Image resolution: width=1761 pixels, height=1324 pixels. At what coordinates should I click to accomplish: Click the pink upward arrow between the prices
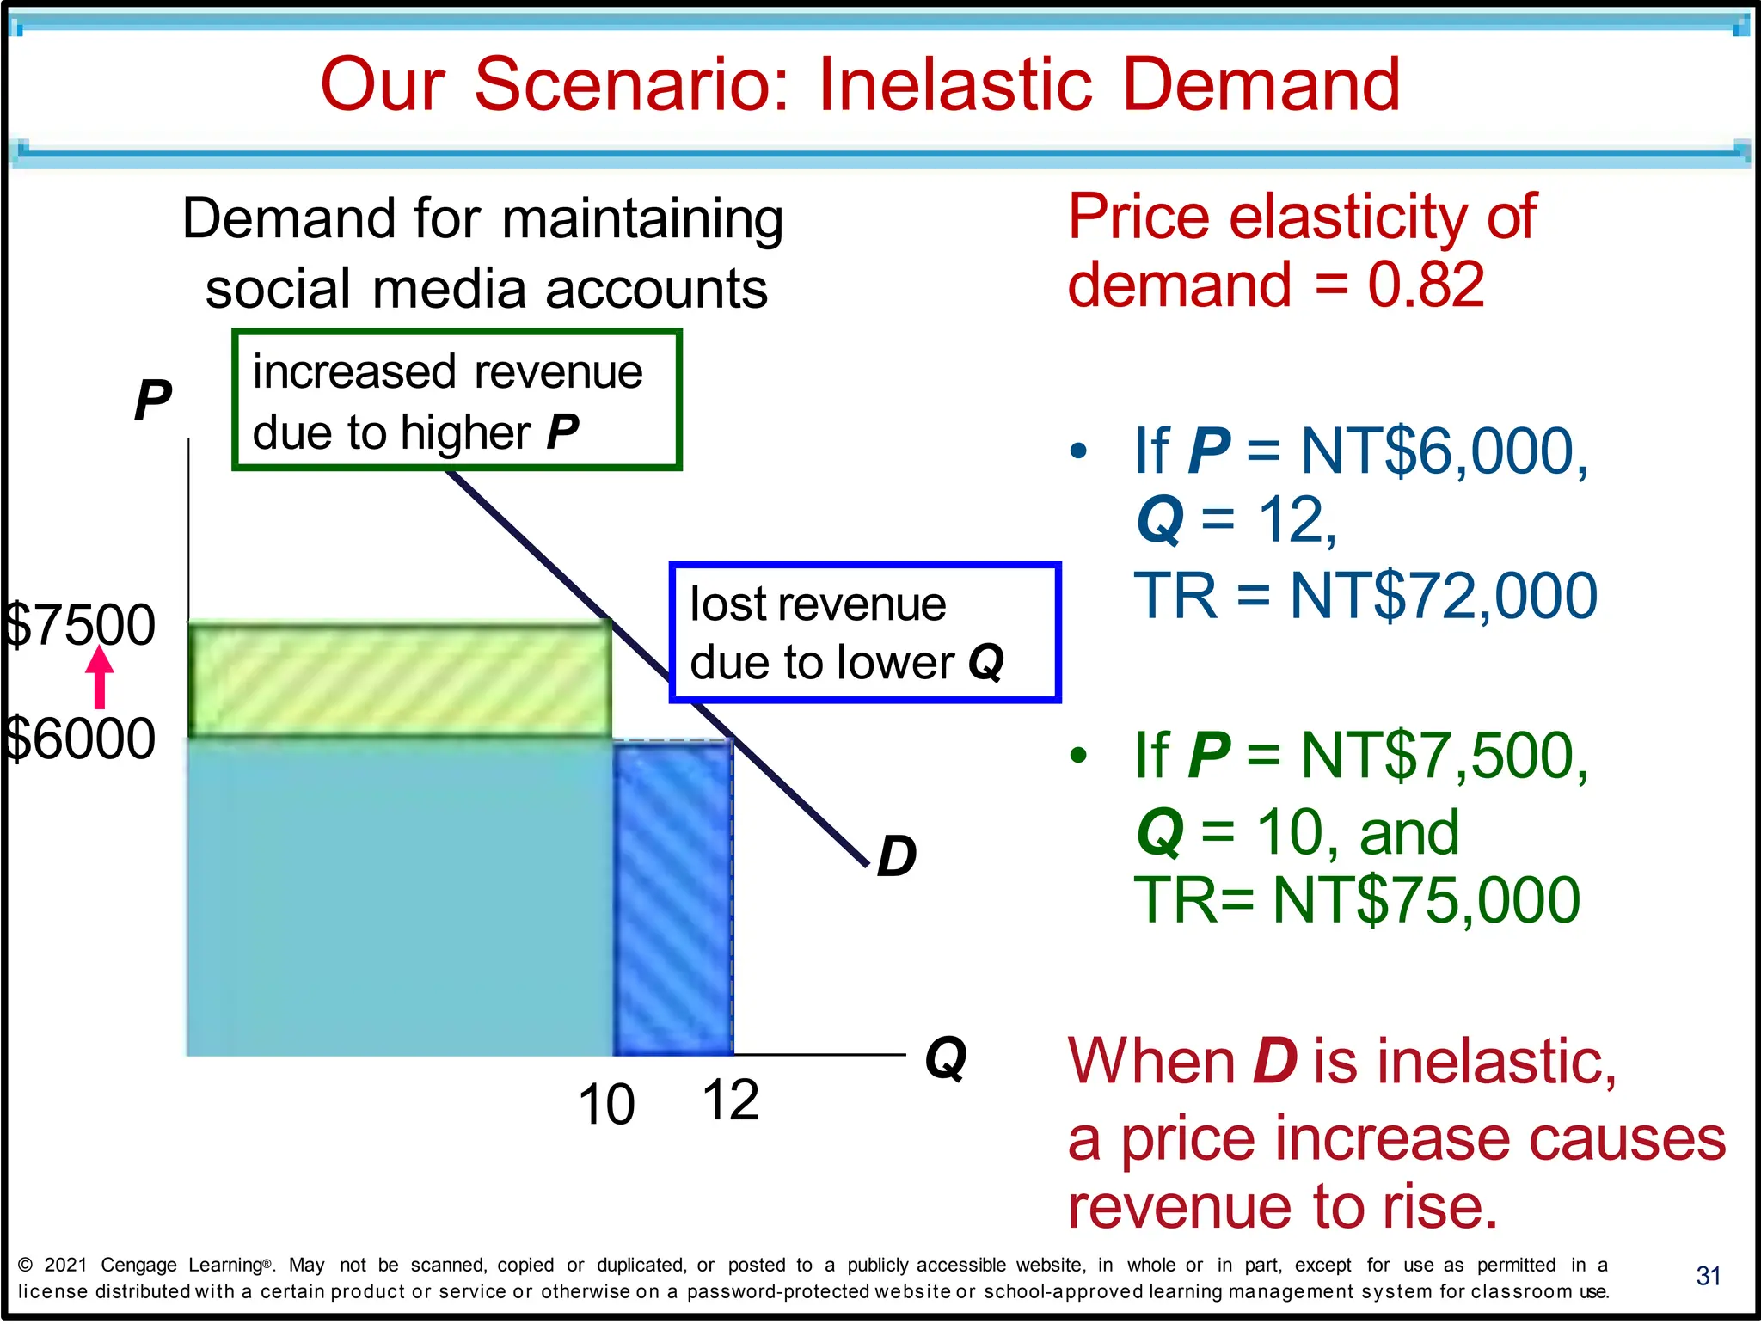click(x=100, y=677)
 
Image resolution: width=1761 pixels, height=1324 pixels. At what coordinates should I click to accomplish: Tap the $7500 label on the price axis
click(x=79, y=625)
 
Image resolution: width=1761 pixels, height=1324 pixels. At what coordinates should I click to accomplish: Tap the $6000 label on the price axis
click(x=79, y=739)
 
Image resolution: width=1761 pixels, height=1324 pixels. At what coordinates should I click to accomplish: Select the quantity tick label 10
click(x=606, y=1105)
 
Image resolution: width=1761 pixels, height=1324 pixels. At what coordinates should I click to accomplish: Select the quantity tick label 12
click(x=730, y=1100)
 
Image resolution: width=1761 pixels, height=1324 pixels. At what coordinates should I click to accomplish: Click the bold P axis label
click(x=152, y=401)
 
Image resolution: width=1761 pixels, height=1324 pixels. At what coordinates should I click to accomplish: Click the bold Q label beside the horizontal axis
click(x=946, y=1057)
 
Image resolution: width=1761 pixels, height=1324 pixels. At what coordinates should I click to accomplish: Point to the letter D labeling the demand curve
click(x=896, y=856)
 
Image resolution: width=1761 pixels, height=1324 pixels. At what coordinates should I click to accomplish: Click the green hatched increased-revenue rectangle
click(x=400, y=679)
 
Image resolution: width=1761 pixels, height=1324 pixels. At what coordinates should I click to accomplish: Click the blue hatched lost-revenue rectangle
click(x=673, y=898)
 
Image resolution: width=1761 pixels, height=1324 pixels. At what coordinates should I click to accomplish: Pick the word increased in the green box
click(x=353, y=372)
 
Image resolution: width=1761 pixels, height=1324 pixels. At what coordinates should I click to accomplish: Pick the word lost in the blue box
click(x=722, y=604)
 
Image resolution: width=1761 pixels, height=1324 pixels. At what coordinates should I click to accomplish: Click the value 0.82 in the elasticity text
click(x=1426, y=285)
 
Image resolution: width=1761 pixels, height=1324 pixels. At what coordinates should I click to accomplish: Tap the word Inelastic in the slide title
click(x=955, y=84)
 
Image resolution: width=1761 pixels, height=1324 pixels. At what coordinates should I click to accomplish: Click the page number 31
click(x=1708, y=1276)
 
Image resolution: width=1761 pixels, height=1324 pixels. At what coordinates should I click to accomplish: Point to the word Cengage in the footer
click(x=138, y=1265)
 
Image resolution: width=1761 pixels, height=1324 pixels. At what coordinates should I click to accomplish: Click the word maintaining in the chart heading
click(x=642, y=219)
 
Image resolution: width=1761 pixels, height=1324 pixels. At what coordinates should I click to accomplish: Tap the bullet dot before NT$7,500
click(x=1078, y=756)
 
